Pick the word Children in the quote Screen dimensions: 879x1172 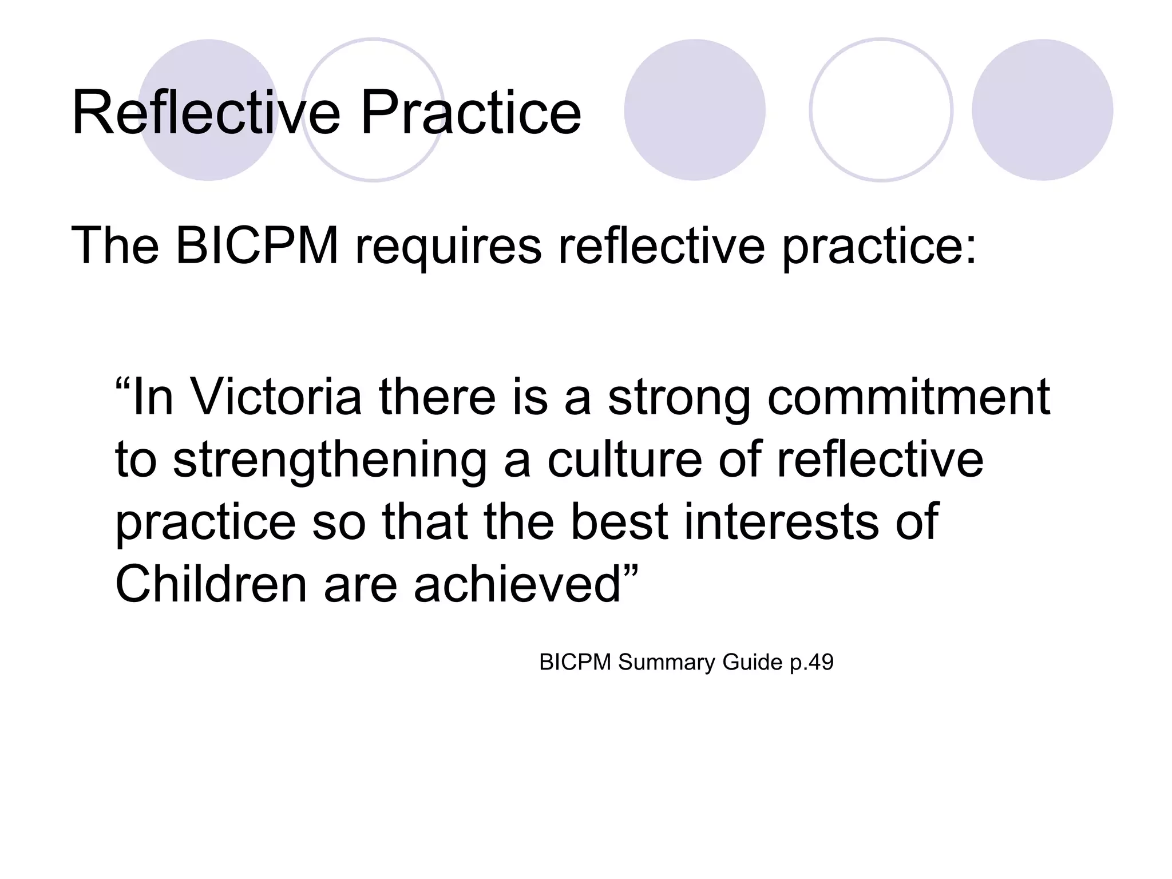coord(211,584)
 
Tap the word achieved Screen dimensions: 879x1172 coord(517,584)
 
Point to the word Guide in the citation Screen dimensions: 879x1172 coord(752,662)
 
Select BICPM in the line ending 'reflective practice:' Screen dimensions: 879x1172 coord(257,246)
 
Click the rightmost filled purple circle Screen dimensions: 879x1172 coord(1042,110)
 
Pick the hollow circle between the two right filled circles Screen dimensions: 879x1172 coord(881,110)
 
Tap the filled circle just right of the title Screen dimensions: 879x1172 coord(694,110)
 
